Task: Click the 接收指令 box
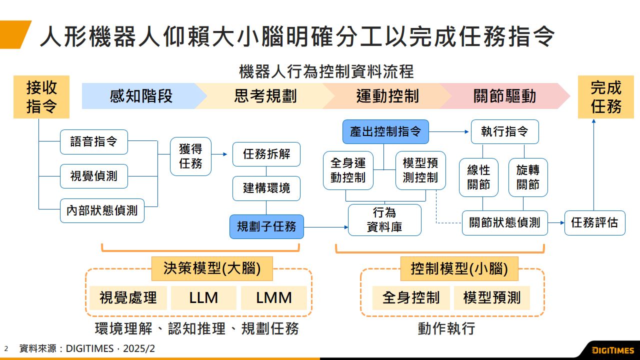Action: tap(41, 97)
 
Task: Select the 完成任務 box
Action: tap(605, 97)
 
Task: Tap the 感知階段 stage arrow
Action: tap(141, 96)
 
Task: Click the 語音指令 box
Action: tap(94, 142)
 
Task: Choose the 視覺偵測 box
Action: tap(94, 176)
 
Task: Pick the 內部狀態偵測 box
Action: tap(102, 210)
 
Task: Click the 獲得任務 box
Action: tap(190, 156)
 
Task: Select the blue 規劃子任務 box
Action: tap(266, 226)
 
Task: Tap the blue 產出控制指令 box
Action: tap(385, 132)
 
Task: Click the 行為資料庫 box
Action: tap(384, 220)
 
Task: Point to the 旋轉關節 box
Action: tap(528, 177)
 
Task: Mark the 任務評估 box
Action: tap(594, 223)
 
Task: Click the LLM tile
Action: tap(203, 298)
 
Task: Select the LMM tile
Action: tap(273, 298)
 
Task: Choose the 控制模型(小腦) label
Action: tap(459, 269)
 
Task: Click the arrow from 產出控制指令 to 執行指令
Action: tap(449, 132)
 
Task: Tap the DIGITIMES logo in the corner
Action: tap(612, 350)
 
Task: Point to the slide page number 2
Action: tap(6, 348)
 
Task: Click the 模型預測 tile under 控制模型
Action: tap(491, 298)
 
